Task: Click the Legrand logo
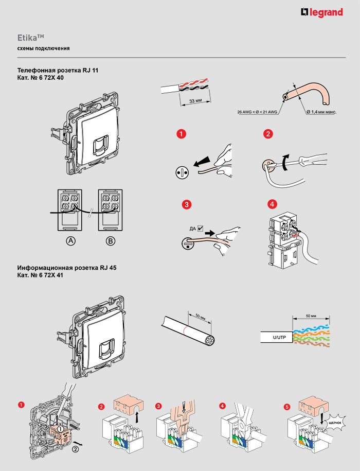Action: (322, 12)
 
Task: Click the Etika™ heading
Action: (31, 38)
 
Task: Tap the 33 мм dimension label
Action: (195, 101)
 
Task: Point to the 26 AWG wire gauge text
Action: (257, 112)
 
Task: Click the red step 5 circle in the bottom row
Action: (286, 407)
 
